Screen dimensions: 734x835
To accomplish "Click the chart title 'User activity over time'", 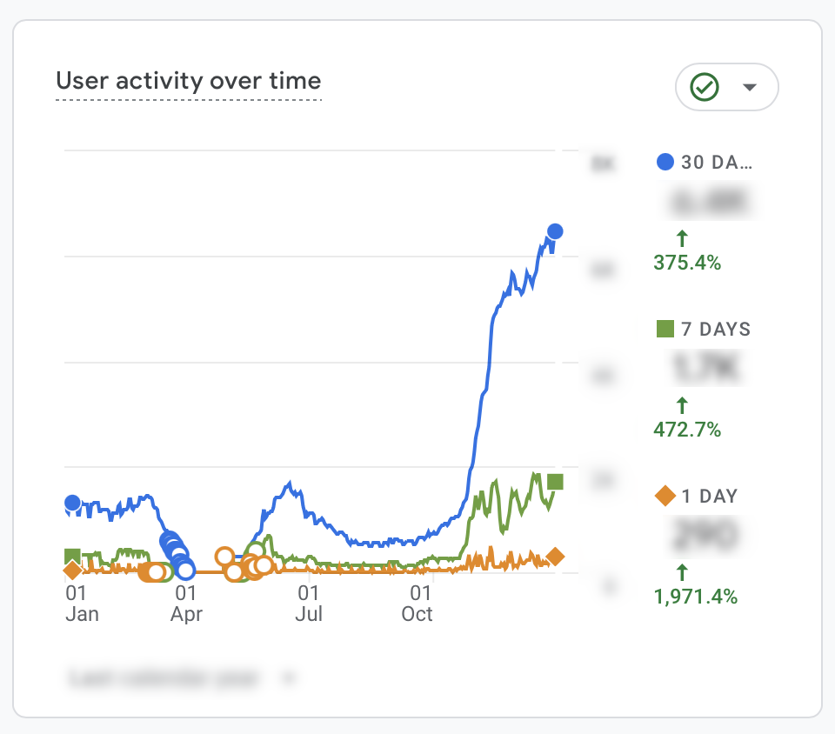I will [188, 82].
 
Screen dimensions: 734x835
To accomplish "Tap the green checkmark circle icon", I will [703, 87].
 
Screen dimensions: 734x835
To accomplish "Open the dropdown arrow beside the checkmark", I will [749, 87].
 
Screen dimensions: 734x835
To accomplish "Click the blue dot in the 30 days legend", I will [665, 162].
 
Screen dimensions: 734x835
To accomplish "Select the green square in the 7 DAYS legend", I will [665, 329].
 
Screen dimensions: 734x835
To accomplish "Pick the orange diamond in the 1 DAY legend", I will [665, 497].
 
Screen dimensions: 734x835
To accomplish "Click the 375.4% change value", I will [687, 263].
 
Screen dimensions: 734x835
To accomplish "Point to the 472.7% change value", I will [687, 430].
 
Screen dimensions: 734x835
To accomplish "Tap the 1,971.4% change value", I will [695, 597].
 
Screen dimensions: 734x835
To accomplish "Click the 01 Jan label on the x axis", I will [82, 604].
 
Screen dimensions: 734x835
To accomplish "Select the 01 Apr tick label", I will [185, 604].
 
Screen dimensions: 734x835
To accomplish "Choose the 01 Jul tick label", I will [309, 604].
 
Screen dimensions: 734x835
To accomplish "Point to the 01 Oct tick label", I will [417, 604].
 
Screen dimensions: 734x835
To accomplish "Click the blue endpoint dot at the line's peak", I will [555, 231].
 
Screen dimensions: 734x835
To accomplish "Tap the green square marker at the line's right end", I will [555, 482].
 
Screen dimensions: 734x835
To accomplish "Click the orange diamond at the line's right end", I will [555, 557].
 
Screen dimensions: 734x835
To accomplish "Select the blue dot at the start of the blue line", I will [72, 503].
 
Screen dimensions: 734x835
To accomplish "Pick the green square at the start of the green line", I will [72, 557].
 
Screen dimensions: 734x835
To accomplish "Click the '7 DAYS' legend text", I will [716, 330].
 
